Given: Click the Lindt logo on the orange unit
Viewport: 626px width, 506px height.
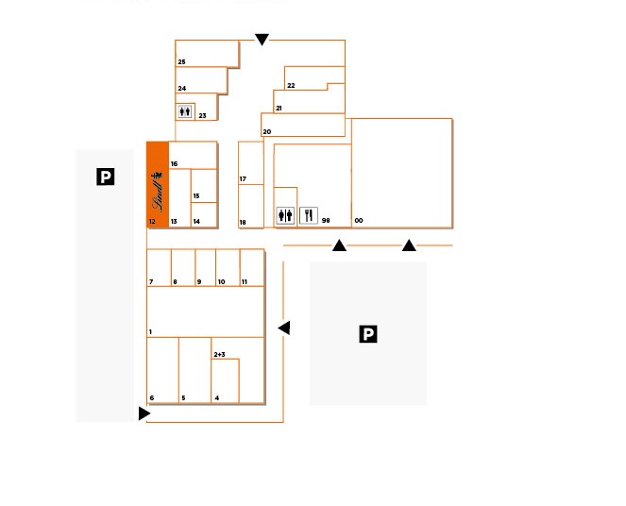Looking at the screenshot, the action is point(158,192).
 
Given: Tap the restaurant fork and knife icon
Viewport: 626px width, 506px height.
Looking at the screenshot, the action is point(309,215).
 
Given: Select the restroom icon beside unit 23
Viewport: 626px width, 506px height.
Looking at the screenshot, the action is point(185,111).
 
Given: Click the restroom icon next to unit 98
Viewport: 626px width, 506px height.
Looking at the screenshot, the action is point(285,215).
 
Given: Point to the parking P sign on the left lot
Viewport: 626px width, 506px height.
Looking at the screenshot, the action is point(106,177).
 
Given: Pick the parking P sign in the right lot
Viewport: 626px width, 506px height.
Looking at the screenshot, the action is point(368,334).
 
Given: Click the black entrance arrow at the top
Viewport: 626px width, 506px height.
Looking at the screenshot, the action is point(262,40).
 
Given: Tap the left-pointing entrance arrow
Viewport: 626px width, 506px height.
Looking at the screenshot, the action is point(284,328).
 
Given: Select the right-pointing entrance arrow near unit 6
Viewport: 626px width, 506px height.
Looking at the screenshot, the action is point(144,413).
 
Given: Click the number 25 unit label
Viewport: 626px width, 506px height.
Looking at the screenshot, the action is point(181,62).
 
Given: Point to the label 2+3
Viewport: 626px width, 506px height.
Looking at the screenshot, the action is point(220,354).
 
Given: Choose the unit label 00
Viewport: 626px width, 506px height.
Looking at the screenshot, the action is point(359,220).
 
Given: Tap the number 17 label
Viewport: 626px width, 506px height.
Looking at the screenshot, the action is point(243,178).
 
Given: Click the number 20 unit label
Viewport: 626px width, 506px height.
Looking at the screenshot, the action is point(267,131).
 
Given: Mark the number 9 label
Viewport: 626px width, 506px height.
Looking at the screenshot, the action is point(199,281).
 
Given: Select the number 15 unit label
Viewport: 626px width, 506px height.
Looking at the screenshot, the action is point(196,196).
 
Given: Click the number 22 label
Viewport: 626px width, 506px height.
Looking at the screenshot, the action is point(291,85).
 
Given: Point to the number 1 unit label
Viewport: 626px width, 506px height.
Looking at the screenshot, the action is point(150,331).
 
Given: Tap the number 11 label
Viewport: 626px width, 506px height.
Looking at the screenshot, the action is point(245,281).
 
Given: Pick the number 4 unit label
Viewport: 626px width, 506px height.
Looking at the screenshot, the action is point(217,397).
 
